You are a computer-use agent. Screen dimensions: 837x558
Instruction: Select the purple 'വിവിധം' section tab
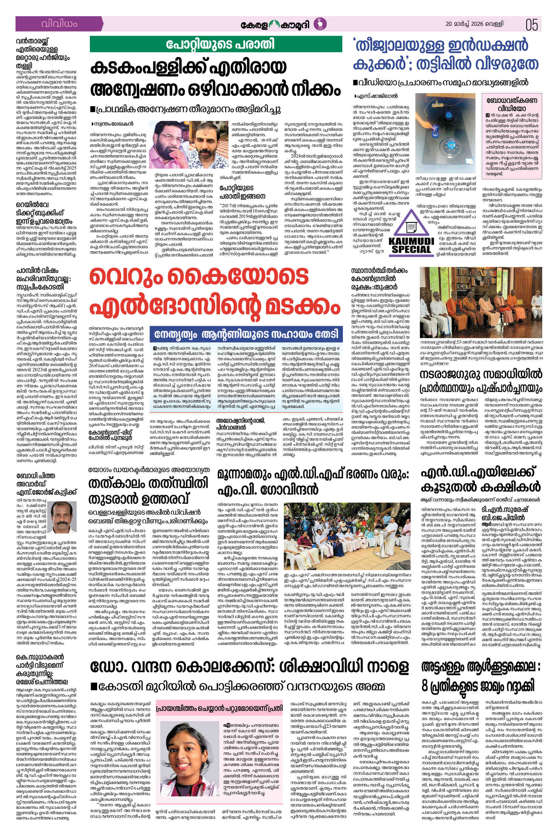(59, 24)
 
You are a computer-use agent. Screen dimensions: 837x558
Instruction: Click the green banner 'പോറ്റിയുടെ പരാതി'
(216, 44)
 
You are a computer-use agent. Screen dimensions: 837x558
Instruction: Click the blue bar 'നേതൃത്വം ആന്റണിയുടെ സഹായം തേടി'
(246, 334)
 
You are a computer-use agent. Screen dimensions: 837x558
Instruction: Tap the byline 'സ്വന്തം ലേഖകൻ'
(112, 124)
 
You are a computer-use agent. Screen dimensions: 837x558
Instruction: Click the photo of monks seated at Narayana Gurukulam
(481, 302)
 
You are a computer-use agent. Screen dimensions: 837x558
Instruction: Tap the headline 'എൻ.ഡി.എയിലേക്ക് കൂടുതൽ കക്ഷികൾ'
(481, 480)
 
